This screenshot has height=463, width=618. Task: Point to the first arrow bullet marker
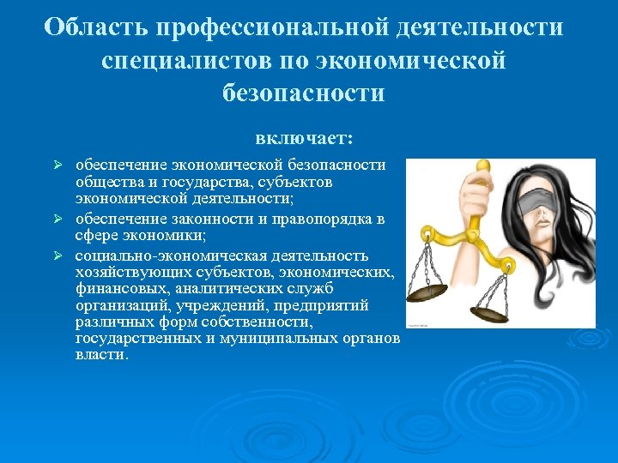click(59, 165)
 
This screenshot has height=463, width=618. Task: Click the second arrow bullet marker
click(59, 219)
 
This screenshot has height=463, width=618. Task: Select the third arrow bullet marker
click(59, 256)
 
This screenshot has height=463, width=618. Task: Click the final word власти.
click(101, 355)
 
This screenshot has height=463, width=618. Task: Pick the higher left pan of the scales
click(427, 292)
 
